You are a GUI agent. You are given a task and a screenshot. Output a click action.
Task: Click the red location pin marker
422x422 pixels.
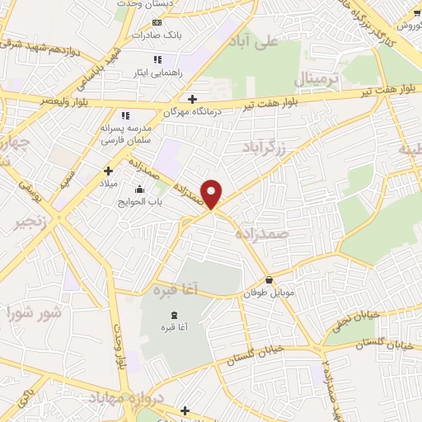point(213,193)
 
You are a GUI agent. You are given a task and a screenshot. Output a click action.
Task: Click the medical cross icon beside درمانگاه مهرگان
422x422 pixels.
point(192,99)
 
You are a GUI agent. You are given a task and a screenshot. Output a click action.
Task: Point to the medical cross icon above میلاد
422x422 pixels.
point(108,171)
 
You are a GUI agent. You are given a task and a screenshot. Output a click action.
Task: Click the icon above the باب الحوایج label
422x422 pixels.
point(138,190)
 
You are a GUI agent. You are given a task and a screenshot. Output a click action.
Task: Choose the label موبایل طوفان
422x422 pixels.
point(268,293)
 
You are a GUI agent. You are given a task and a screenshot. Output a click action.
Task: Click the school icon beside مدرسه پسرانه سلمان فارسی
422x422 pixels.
point(125,116)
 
